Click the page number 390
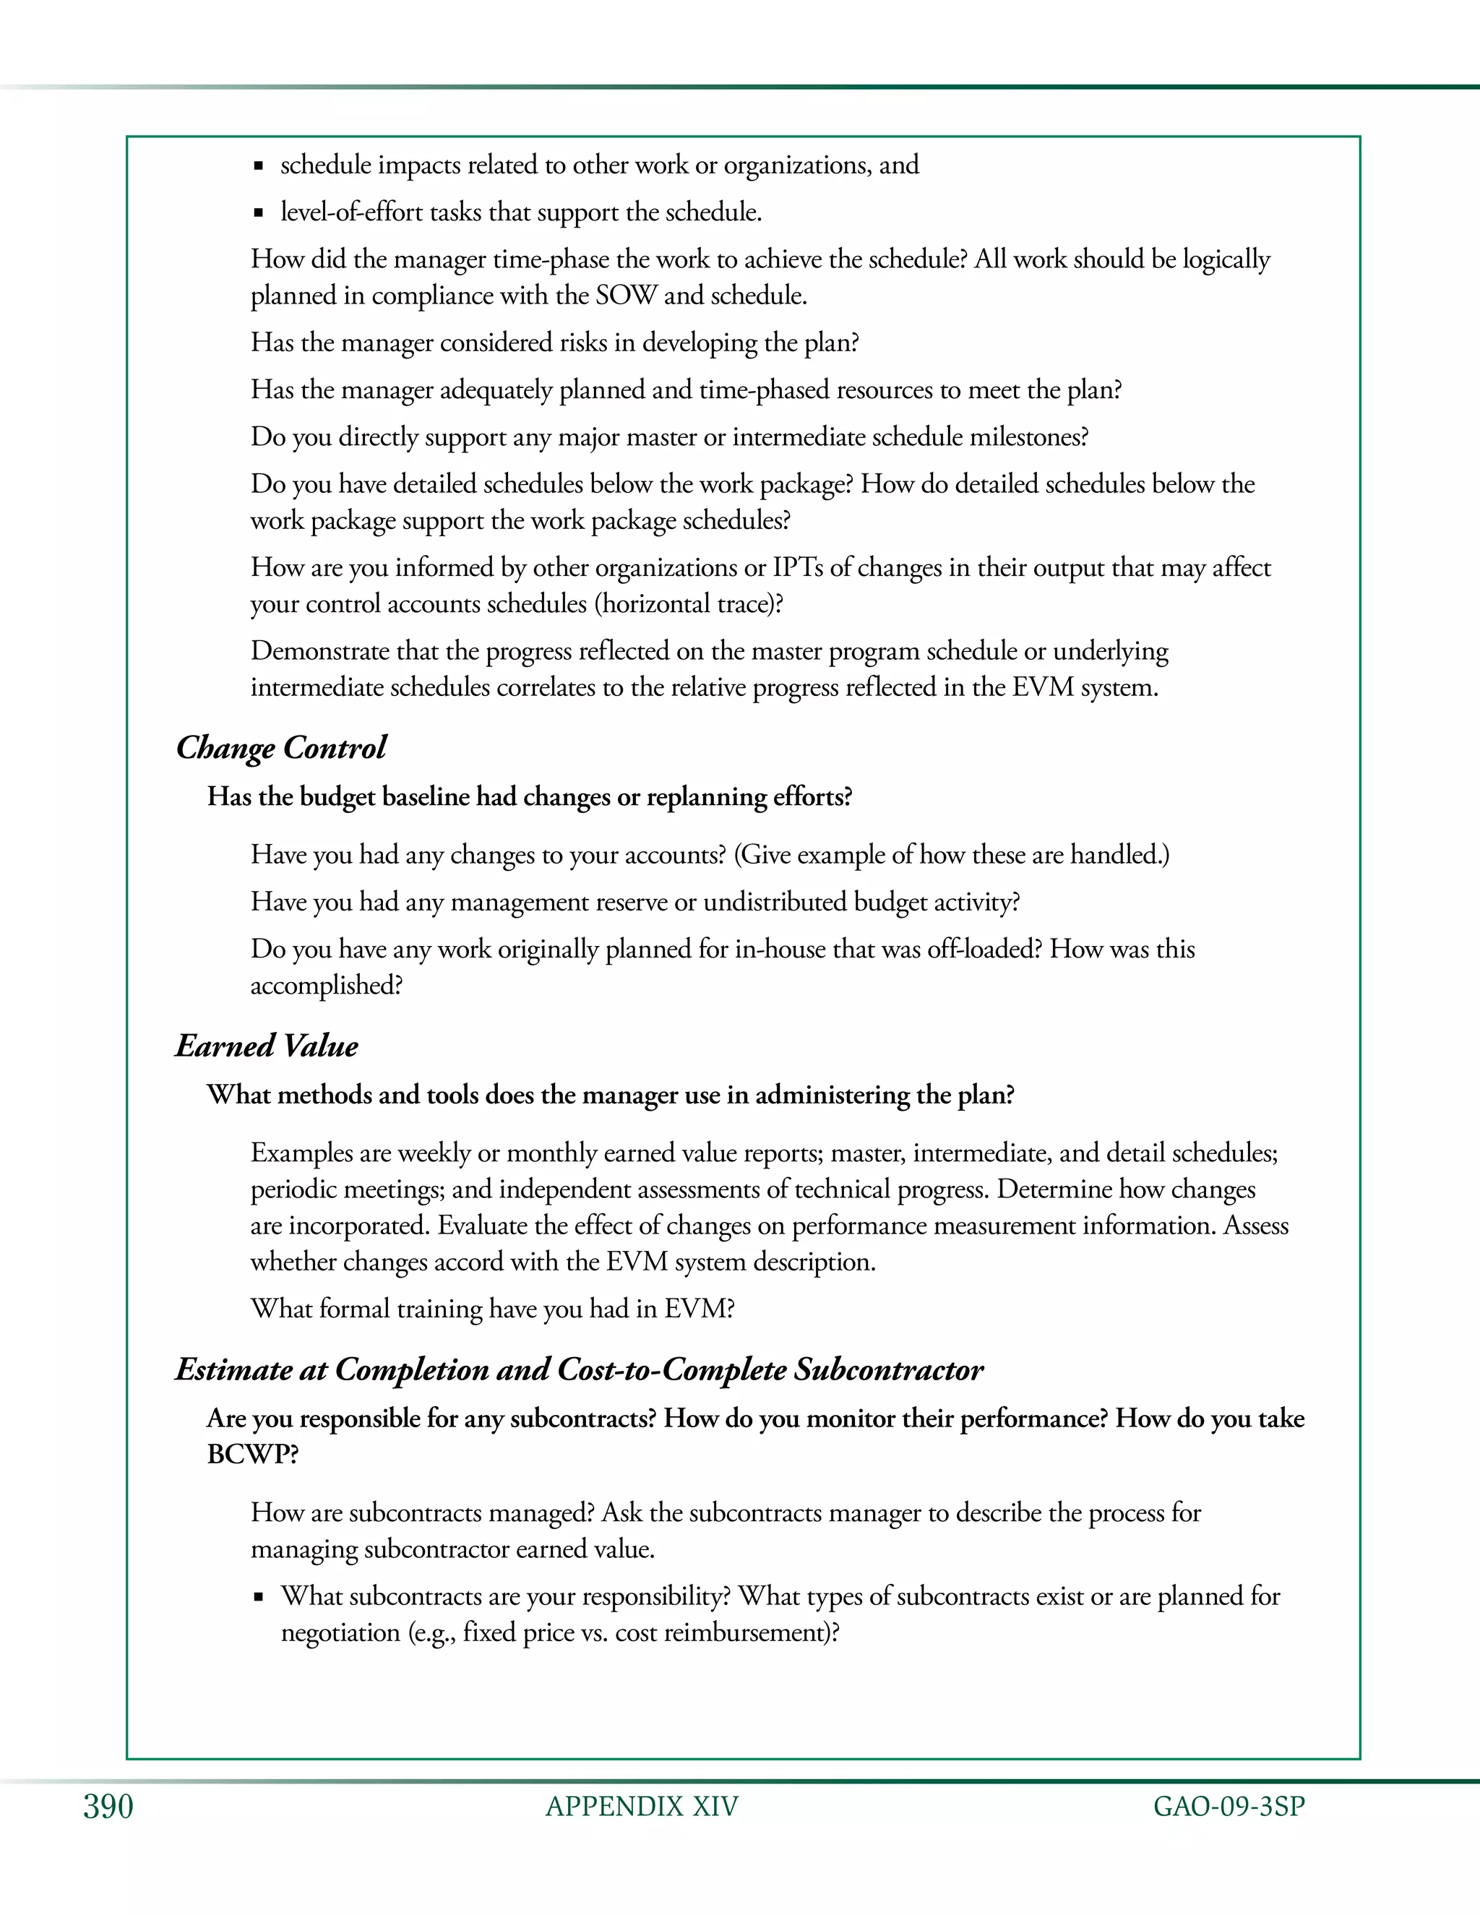[108, 1807]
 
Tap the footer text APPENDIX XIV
[642, 1807]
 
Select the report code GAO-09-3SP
[1229, 1807]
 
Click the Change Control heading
[280, 748]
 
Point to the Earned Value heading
[267, 1046]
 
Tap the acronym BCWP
[252, 1455]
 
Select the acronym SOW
[625, 296]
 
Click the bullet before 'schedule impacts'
[259, 165]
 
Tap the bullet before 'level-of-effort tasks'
[259, 213]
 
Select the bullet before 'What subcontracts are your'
[259, 1598]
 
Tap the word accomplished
[324, 986]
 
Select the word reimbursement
[751, 1632]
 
